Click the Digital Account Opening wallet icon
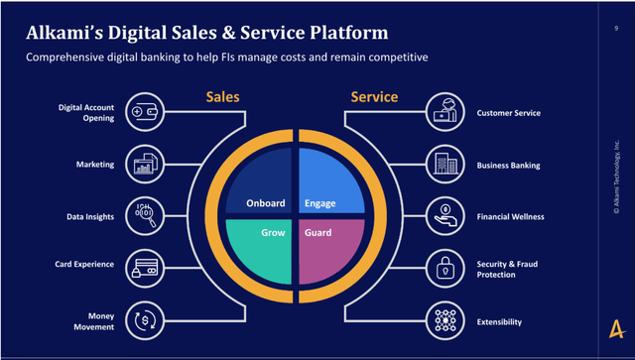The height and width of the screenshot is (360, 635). click(145, 112)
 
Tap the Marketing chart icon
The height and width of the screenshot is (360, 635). click(145, 165)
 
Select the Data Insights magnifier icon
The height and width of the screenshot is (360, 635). click(145, 216)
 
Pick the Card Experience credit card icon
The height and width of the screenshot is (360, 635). click(145, 268)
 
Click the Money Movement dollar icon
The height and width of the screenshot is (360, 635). click(145, 320)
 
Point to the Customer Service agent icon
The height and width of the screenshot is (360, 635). click(445, 112)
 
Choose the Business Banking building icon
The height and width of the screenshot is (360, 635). click(445, 165)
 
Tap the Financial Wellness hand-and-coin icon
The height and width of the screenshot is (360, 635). click(445, 216)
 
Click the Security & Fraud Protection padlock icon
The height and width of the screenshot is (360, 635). click(445, 268)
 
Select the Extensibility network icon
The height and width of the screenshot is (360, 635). click(445, 320)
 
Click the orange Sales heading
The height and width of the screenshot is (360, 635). click(222, 97)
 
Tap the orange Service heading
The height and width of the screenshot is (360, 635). click(374, 97)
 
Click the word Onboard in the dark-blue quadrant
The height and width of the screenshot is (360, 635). click(266, 203)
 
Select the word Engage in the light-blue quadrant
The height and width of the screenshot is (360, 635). click(319, 203)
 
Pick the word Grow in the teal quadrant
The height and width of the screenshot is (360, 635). click(273, 232)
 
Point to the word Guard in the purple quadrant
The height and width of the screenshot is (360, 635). click(317, 232)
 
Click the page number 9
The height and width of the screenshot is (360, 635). click(616, 29)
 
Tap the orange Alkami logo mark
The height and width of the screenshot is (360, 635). click(617, 329)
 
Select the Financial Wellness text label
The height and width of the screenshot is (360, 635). click(510, 216)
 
